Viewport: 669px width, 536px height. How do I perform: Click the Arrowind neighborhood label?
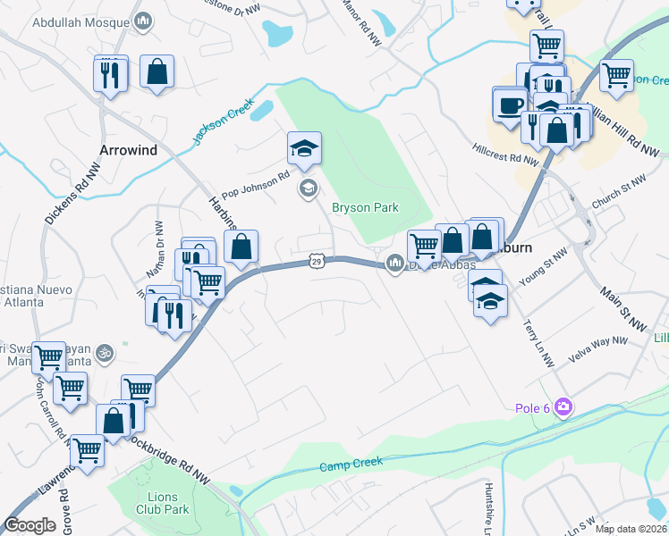click(129, 150)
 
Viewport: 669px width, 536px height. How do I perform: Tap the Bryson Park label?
click(365, 208)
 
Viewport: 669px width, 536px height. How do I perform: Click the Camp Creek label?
click(351, 464)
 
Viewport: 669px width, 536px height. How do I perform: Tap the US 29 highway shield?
click(317, 261)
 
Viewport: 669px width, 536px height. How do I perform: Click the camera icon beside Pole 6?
click(563, 408)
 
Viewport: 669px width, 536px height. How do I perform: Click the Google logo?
click(30, 525)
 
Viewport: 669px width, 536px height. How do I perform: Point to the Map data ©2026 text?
click(630, 529)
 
